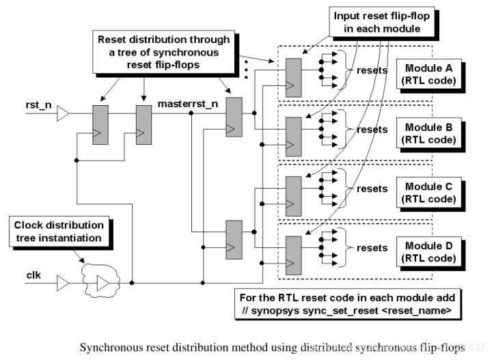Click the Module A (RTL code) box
coord(428,75)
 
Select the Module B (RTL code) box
coord(428,133)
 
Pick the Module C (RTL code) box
coord(428,191)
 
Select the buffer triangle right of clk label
coord(63,281)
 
